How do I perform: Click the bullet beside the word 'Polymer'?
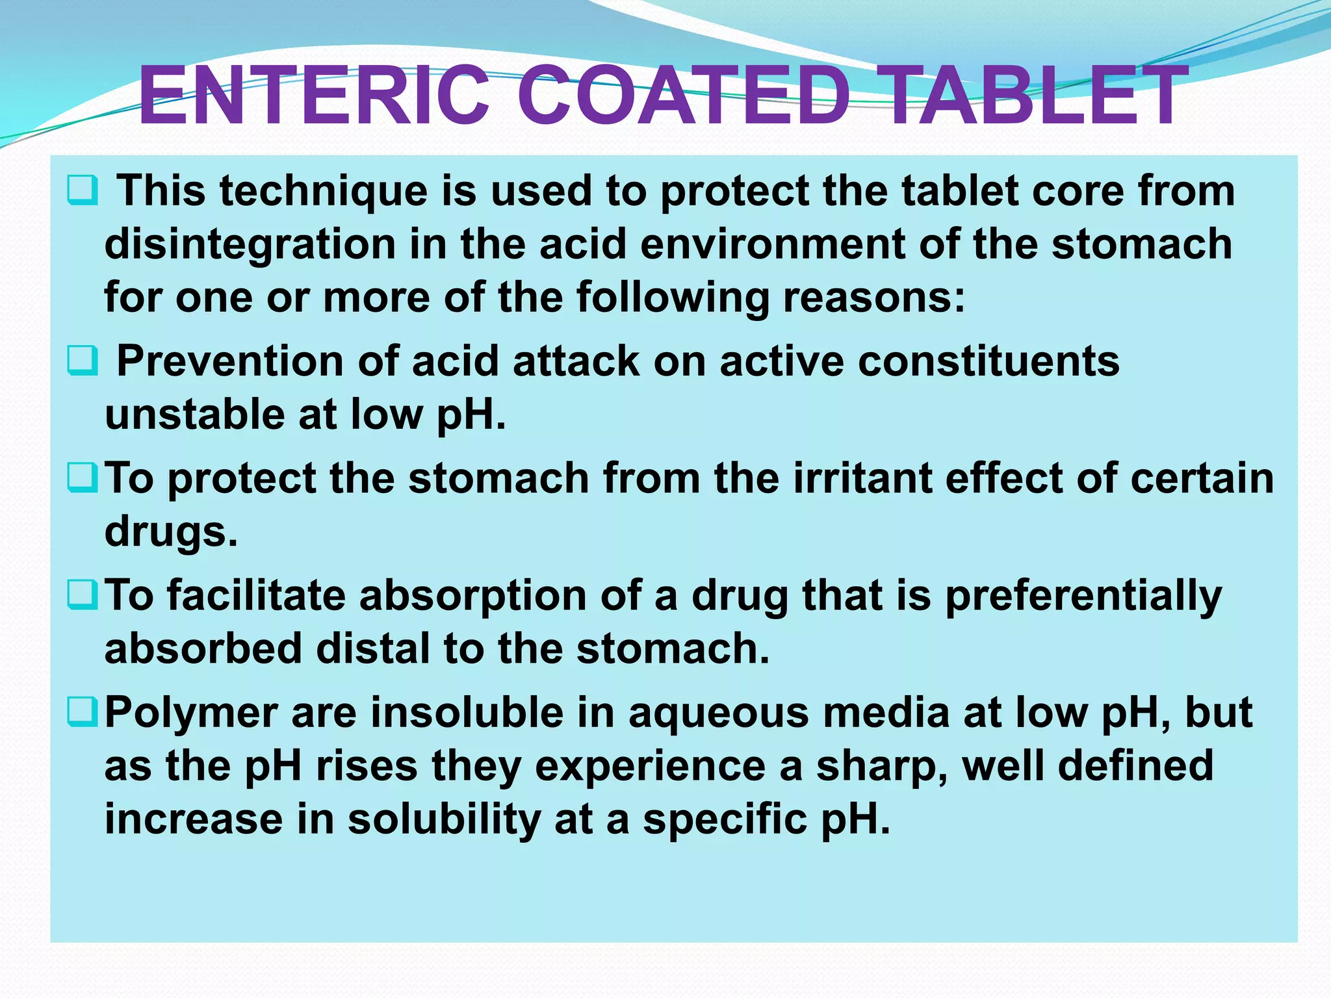point(83,712)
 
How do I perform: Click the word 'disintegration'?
point(250,245)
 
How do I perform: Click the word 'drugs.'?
point(171,533)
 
